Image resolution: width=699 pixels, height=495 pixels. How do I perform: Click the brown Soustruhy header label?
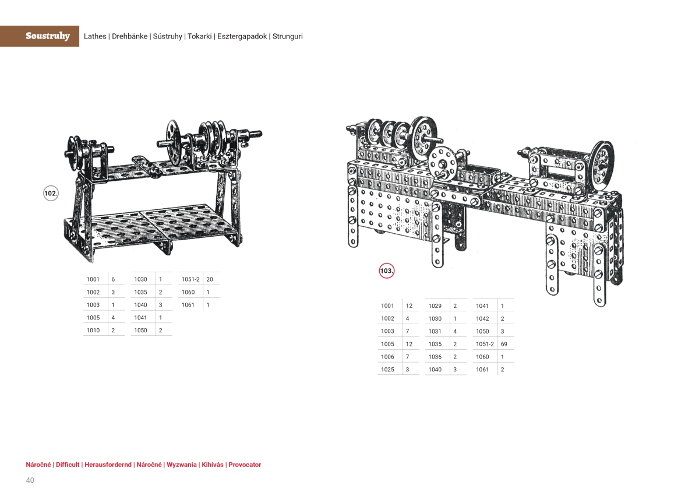pos(47,36)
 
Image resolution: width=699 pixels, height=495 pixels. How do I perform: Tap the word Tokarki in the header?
pos(199,36)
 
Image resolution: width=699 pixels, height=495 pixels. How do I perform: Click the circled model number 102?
pos(51,194)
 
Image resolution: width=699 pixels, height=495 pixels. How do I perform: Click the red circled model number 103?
pos(387,271)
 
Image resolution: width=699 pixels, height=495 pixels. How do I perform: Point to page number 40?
pos(30,480)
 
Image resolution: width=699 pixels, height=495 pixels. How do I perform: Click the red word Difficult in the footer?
pos(68,465)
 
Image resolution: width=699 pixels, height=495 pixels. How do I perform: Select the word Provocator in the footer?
pos(245,465)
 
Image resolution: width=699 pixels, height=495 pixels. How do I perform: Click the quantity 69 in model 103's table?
pos(504,344)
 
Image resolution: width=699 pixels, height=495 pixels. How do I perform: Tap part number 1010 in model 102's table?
pos(93,331)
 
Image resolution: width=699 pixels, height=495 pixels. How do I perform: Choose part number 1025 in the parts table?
pos(387,370)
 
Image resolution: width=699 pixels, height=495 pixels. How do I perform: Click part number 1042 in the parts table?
pos(482,318)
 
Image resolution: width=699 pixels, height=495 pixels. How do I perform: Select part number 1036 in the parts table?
pos(435,357)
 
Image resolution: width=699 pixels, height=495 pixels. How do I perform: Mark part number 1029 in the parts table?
pos(435,306)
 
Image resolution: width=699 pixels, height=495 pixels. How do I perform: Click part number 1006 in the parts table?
pos(387,357)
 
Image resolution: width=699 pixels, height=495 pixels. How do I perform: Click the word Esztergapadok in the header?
pos(242,36)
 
